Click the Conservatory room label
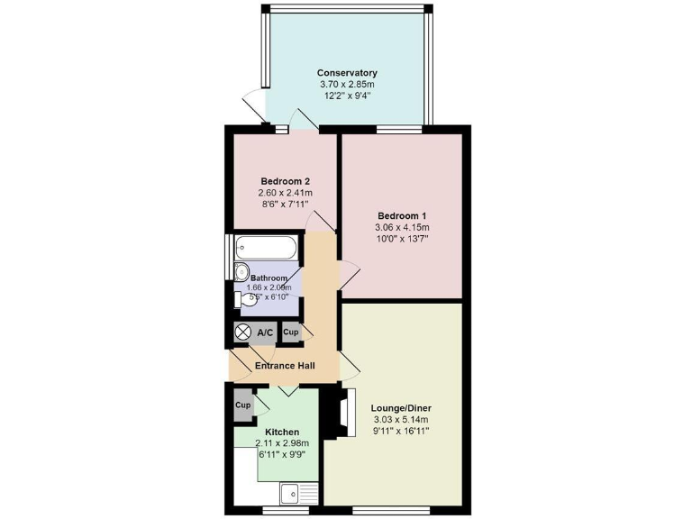[347, 73]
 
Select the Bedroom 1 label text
[401, 216]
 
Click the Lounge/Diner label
[400, 407]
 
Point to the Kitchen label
[282, 432]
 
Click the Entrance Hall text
[284, 366]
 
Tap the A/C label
[266, 332]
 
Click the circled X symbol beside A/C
[242, 332]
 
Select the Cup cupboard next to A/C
[290, 332]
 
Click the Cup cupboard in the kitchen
[243, 405]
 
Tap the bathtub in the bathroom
[266, 246]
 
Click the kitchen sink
[291, 494]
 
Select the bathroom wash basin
[241, 272]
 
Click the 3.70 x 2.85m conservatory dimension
[347, 85]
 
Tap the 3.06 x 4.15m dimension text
[401, 228]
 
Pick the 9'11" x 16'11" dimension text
[400, 431]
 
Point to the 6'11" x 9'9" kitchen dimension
[283, 455]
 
